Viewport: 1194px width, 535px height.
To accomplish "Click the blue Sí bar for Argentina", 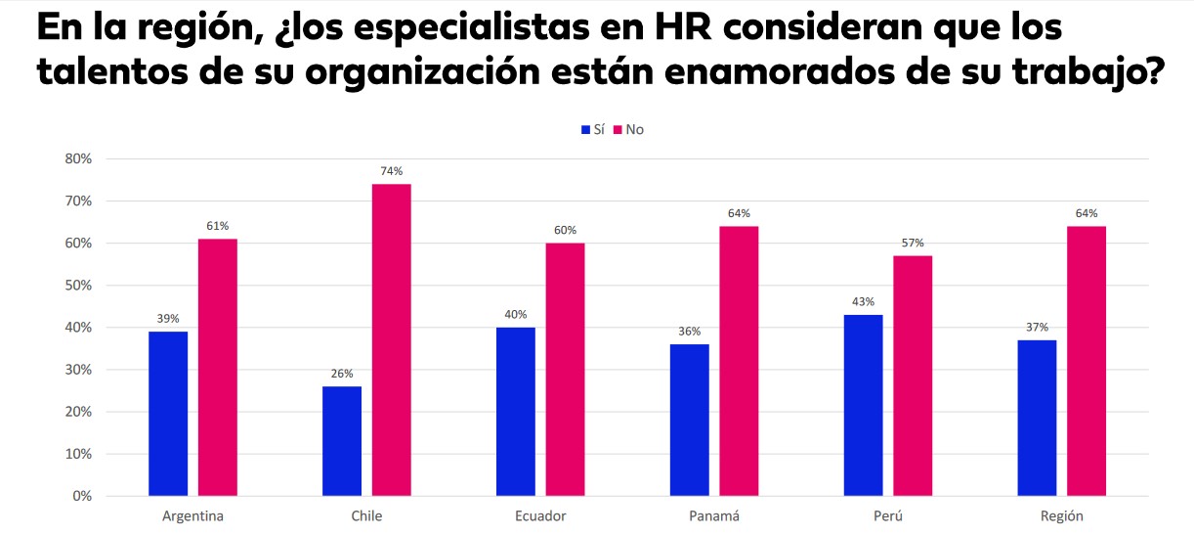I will pos(168,414).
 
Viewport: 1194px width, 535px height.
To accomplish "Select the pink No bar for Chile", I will pos(391,339).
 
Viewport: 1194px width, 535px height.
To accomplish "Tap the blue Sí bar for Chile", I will pos(342,441).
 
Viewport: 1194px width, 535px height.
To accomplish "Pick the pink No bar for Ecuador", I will pos(565,370).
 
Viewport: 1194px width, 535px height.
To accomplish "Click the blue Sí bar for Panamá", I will pos(690,420).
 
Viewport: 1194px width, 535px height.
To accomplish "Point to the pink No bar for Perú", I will pos(913,376).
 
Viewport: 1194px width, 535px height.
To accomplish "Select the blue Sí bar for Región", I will pos(1037,418).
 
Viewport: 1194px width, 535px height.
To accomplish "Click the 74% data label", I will pos(391,171).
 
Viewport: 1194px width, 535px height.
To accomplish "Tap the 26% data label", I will pos(342,374).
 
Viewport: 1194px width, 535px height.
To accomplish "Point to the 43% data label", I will pos(863,302).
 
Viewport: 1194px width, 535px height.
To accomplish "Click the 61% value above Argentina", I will pos(217,226).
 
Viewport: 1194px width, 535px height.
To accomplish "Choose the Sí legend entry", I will pos(592,129).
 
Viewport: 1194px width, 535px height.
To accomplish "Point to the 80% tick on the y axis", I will pos(77,158).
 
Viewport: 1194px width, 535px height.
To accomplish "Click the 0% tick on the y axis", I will pos(81,496).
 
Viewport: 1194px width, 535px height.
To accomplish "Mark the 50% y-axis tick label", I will pos(77,286).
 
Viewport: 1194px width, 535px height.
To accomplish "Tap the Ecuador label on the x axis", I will pos(540,516).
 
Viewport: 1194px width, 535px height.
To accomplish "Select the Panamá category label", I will pos(714,516).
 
